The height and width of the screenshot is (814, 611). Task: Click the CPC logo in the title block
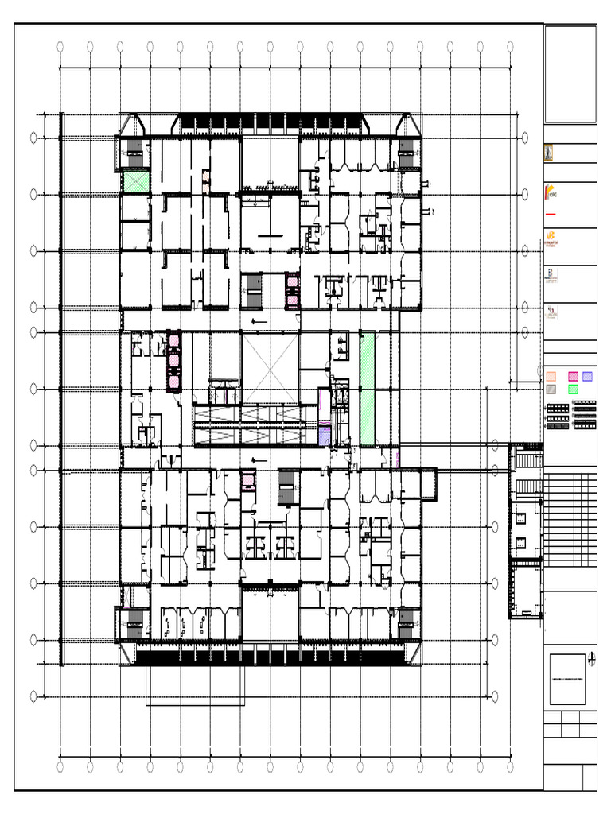pos(551,193)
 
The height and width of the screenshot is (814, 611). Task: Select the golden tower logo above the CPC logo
pos(549,154)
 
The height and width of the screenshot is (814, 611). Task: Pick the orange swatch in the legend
pos(551,376)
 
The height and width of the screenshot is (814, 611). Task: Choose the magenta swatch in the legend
pos(573,376)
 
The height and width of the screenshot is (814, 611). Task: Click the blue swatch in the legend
pos(587,376)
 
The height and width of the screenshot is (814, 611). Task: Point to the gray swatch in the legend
pos(551,389)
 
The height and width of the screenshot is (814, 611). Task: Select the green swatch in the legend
pos(573,389)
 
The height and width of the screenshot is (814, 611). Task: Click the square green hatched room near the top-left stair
pos(135,182)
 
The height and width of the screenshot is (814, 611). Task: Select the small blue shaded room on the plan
pos(324,435)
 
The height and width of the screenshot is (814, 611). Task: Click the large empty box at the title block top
pos(570,74)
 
